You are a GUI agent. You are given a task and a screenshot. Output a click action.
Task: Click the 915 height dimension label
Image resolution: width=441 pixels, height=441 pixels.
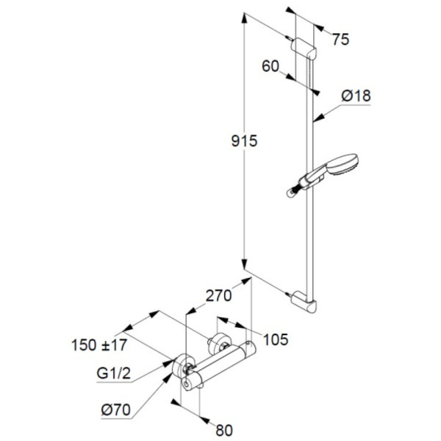click(x=244, y=140)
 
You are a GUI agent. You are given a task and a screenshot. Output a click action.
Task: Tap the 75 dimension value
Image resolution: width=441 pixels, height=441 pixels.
click(x=340, y=39)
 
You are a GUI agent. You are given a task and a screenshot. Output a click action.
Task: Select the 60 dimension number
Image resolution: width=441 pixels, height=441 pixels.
click(x=270, y=66)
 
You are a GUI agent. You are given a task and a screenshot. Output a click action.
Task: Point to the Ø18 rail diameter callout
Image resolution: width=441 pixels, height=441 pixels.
click(x=356, y=96)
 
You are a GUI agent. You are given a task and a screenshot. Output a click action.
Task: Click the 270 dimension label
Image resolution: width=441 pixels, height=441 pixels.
click(x=219, y=295)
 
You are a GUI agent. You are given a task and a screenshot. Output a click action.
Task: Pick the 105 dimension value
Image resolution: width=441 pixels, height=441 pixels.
click(x=276, y=339)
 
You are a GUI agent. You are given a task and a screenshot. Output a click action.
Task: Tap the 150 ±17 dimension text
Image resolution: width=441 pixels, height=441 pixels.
click(x=99, y=345)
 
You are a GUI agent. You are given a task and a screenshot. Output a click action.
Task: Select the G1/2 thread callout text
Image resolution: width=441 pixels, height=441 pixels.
click(x=114, y=373)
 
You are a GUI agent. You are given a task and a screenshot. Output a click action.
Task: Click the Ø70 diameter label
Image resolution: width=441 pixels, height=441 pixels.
click(x=116, y=409)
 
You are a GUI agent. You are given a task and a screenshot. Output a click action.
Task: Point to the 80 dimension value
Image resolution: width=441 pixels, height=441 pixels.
click(x=224, y=430)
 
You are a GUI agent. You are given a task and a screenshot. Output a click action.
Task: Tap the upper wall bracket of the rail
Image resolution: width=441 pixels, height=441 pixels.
click(x=304, y=49)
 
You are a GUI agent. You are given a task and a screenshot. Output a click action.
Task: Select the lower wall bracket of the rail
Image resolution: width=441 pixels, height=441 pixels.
click(x=304, y=302)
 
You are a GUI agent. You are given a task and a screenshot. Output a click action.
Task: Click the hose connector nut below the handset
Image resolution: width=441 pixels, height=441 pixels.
click(x=293, y=192)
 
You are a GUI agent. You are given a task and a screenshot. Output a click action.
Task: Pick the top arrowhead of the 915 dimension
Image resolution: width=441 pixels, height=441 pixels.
click(x=245, y=18)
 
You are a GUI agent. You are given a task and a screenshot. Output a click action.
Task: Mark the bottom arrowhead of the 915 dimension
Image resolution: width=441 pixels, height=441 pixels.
click(x=245, y=265)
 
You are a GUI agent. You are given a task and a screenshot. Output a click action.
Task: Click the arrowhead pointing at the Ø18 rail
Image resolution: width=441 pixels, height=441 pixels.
click(x=318, y=118)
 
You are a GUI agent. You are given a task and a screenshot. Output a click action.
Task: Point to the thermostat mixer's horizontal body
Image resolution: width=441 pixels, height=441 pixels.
click(x=219, y=365)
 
